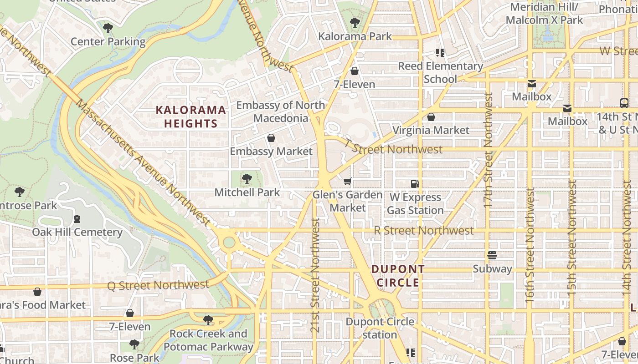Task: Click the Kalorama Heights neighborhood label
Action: pyautogui.click(x=191, y=116)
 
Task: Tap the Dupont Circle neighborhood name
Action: pyautogui.click(x=398, y=276)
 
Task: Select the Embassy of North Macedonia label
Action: pyautogui.click(x=281, y=112)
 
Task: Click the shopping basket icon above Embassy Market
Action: pyautogui.click(x=271, y=138)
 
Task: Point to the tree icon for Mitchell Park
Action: pyautogui.click(x=247, y=178)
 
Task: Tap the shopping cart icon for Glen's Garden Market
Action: pyautogui.click(x=348, y=182)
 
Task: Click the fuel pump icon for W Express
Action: pyautogui.click(x=415, y=184)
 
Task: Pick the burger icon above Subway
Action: pyautogui.click(x=492, y=255)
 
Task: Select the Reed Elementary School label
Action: pyautogui.click(x=440, y=72)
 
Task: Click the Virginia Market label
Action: pyautogui.click(x=431, y=130)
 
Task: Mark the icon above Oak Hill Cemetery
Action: pyautogui.click(x=77, y=219)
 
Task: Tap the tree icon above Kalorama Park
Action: pyautogui.click(x=355, y=22)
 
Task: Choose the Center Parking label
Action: pyautogui.click(x=108, y=42)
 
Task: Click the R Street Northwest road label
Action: pyautogui.click(x=424, y=231)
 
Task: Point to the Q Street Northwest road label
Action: pyautogui.click(x=158, y=285)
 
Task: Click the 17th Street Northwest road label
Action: pyautogui.click(x=489, y=150)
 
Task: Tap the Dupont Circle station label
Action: pyautogui.click(x=380, y=328)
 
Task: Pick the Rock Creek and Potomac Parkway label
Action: pyautogui.click(x=208, y=340)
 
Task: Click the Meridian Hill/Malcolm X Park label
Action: pyautogui.click(x=544, y=14)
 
